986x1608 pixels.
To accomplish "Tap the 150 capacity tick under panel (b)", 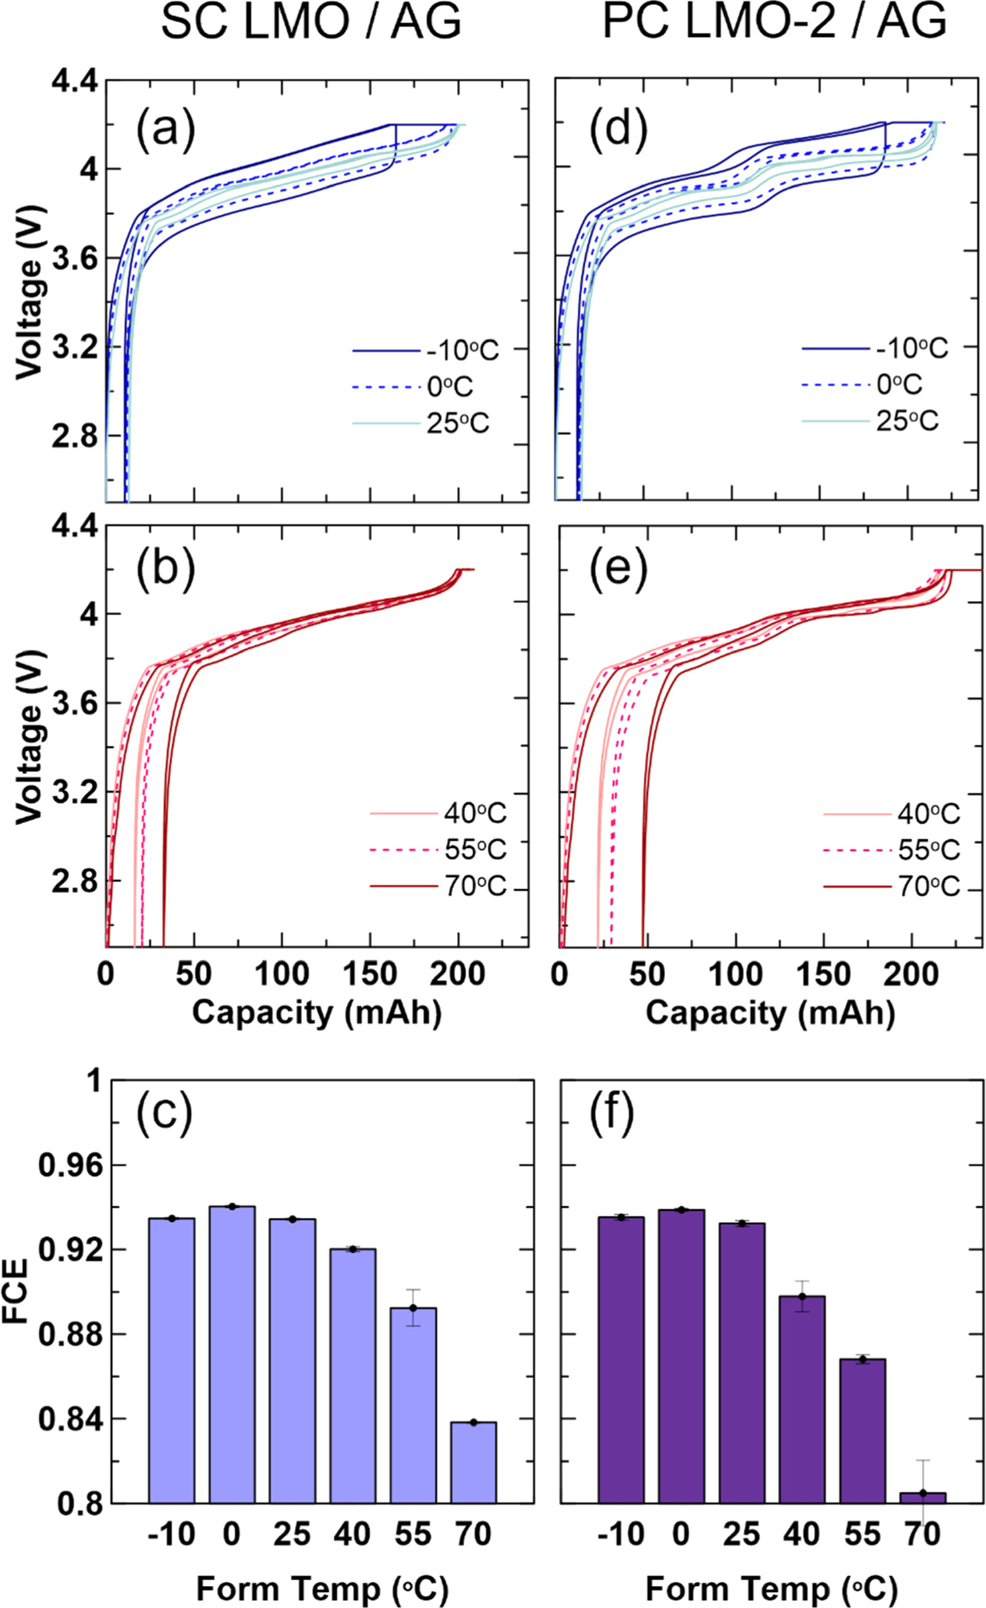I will (x=370, y=974).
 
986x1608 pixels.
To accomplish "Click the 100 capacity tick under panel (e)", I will (x=735, y=974).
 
